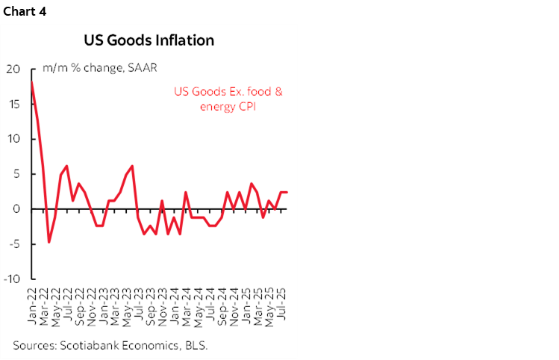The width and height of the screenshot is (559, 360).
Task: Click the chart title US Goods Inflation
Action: coord(150,40)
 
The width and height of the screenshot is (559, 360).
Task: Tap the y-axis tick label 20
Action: coord(13,69)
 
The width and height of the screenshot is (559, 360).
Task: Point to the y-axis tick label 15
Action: coord(13,105)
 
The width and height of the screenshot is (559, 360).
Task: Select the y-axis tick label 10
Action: coord(13,140)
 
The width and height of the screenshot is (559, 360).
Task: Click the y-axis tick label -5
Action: coord(13,243)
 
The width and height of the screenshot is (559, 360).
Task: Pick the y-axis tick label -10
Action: coord(11,279)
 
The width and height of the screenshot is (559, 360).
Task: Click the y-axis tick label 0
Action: coord(16,209)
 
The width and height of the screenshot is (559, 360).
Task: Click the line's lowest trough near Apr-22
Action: coord(49,242)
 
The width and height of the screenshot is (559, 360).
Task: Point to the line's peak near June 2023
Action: coord(132,166)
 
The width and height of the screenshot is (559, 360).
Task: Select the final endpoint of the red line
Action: coord(287,193)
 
